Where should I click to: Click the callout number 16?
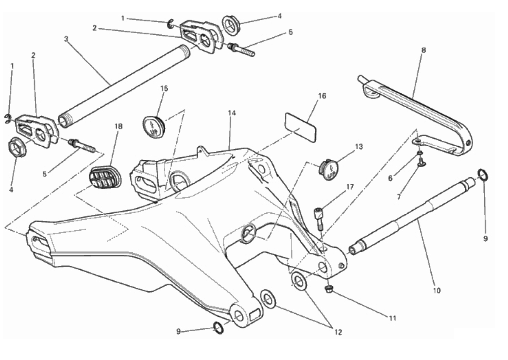322,96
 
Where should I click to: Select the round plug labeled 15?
153,126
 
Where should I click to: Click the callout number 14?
231,113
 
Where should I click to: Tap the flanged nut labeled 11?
328,290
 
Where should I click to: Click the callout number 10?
437,290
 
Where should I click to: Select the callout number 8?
423,50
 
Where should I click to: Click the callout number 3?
66,39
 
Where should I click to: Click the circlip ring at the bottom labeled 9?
217,327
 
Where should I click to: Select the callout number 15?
164,88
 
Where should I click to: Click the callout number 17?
349,186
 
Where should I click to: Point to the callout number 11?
392,318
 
